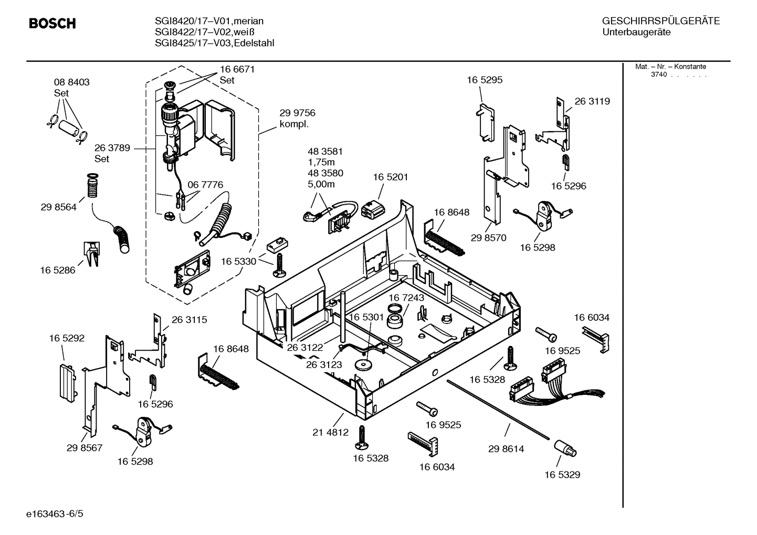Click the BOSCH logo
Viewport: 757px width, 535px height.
click(x=52, y=24)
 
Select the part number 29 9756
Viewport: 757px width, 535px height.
click(x=297, y=113)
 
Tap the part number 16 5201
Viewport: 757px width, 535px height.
click(x=390, y=177)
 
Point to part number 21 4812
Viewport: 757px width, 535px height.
click(x=330, y=433)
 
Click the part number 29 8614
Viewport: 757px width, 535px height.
click(x=506, y=449)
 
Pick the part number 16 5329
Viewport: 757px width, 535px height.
click(x=562, y=475)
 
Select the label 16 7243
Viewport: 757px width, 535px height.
click(x=406, y=298)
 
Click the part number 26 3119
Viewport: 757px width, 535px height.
click(x=592, y=101)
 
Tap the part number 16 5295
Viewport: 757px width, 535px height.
click(x=485, y=80)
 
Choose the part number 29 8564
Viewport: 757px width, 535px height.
click(x=58, y=207)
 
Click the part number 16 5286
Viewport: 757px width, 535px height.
click(x=57, y=270)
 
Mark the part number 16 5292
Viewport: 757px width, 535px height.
click(x=67, y=339)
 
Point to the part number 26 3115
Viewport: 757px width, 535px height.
click(x=189, y=319)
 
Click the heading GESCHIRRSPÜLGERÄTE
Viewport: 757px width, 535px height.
click(x=660, y=21)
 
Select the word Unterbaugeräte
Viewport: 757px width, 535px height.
click(x=636, y=33)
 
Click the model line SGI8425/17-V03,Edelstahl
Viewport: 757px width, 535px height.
click(x=214, y=43)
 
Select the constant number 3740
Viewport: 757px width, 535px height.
click(x=658, y=75)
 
